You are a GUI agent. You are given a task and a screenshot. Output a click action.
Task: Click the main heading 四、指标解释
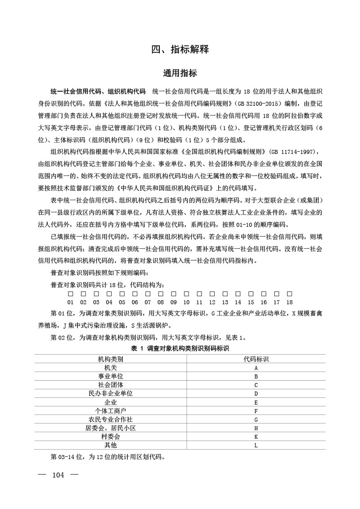click(x=180, y=50)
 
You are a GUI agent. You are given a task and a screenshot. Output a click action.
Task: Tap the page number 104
click(x=58, y=475)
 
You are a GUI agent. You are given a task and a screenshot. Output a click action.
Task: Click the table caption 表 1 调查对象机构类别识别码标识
click(x=180, y=349)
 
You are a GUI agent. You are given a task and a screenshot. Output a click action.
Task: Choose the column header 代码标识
click(x=256, y=359)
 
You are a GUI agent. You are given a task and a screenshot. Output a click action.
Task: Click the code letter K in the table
click(x=256, y=437)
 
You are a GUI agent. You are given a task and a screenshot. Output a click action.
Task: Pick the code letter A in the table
click(x=256, y=368)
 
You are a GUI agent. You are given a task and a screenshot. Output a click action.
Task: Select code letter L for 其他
click(x=256, y=446)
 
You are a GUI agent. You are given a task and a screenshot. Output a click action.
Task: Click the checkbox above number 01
click(x=71, y=294)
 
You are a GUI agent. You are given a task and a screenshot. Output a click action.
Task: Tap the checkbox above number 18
click(x=290, y=294)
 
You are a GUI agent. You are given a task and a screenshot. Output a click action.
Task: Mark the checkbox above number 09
click(x=174, y=294)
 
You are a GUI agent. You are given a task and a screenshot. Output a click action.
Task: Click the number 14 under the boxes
click(x=238, y=302)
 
